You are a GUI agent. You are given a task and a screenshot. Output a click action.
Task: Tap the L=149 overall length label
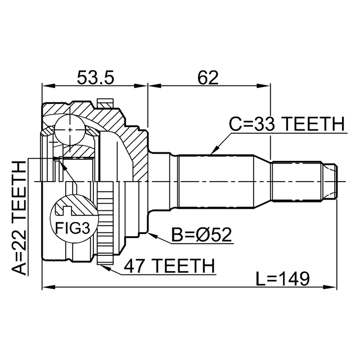pos(283,277)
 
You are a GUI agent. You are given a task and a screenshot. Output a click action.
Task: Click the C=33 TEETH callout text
pos(285,124)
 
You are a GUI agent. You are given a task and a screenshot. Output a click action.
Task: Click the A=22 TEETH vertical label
pos(20,217)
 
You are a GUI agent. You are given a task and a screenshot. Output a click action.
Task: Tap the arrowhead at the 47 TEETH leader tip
pos(105,267)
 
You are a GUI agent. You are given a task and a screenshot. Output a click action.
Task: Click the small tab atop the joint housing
pos(104,103)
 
